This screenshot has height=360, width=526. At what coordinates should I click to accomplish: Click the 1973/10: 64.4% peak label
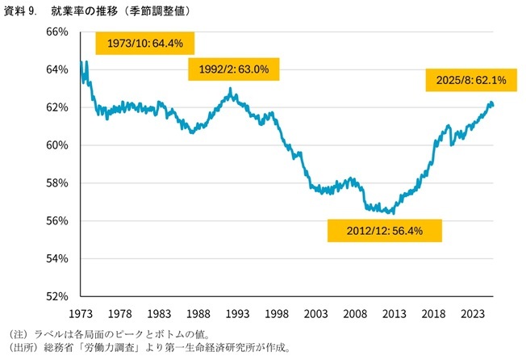pos(146,43)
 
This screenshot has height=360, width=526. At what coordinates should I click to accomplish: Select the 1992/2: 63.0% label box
pos(234,69)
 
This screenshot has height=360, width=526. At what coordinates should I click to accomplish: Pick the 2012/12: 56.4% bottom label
pos(385,230)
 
